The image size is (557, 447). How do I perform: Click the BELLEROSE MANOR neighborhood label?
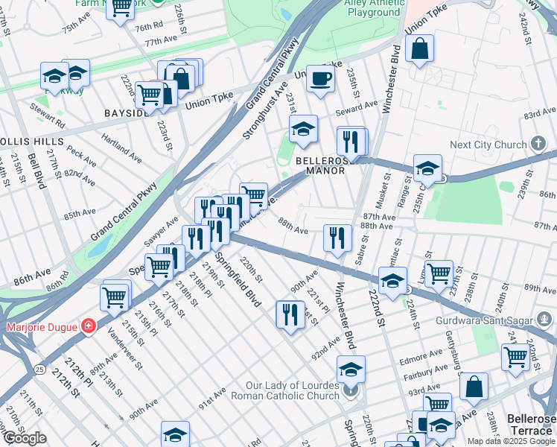pos(320,165)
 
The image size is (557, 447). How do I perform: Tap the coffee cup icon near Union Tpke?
pos(320,77)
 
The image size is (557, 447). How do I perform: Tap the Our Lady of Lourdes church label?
pos(296,390)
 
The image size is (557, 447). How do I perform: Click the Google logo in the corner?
pos(25,438)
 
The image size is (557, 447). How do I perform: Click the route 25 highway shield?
pos(37,368)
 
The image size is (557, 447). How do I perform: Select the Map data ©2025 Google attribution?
pos(510,441)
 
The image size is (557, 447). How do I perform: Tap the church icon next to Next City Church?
pos(539,144)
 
